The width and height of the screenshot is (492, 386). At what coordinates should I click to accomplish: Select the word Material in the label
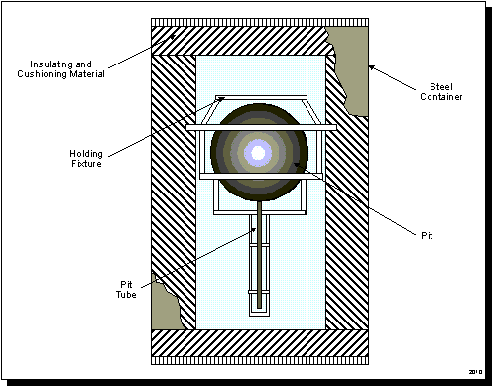point(87,74)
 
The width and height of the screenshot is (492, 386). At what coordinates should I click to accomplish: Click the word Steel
point(441,87)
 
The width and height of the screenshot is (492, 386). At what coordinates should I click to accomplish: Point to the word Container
point(441,97)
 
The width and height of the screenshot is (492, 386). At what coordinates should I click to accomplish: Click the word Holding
point(86,154)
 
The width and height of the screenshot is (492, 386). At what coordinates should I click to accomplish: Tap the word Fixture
point(86,164)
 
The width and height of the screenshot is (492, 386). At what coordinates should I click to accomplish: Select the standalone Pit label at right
point(427,236)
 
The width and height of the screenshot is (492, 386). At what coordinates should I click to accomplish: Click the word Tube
point(126,295)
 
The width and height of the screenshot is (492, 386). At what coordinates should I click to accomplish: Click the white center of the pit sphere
point(258,153)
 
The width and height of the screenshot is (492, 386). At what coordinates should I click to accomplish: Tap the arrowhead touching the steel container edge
point(372,67)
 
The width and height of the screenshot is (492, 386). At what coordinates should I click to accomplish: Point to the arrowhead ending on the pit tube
point(253,230)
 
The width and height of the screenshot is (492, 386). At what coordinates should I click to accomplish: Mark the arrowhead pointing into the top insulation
point(173,36)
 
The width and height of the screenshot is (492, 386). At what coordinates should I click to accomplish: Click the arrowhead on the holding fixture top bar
point(222,98)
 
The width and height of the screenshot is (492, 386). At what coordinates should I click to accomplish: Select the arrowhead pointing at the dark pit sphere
point(297,165)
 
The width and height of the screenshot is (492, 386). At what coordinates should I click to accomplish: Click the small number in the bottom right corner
point(475,372)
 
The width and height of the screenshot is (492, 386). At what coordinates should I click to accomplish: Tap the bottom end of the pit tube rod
point(259,308)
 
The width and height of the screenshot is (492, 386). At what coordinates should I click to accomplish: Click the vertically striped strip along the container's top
point(260,23)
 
